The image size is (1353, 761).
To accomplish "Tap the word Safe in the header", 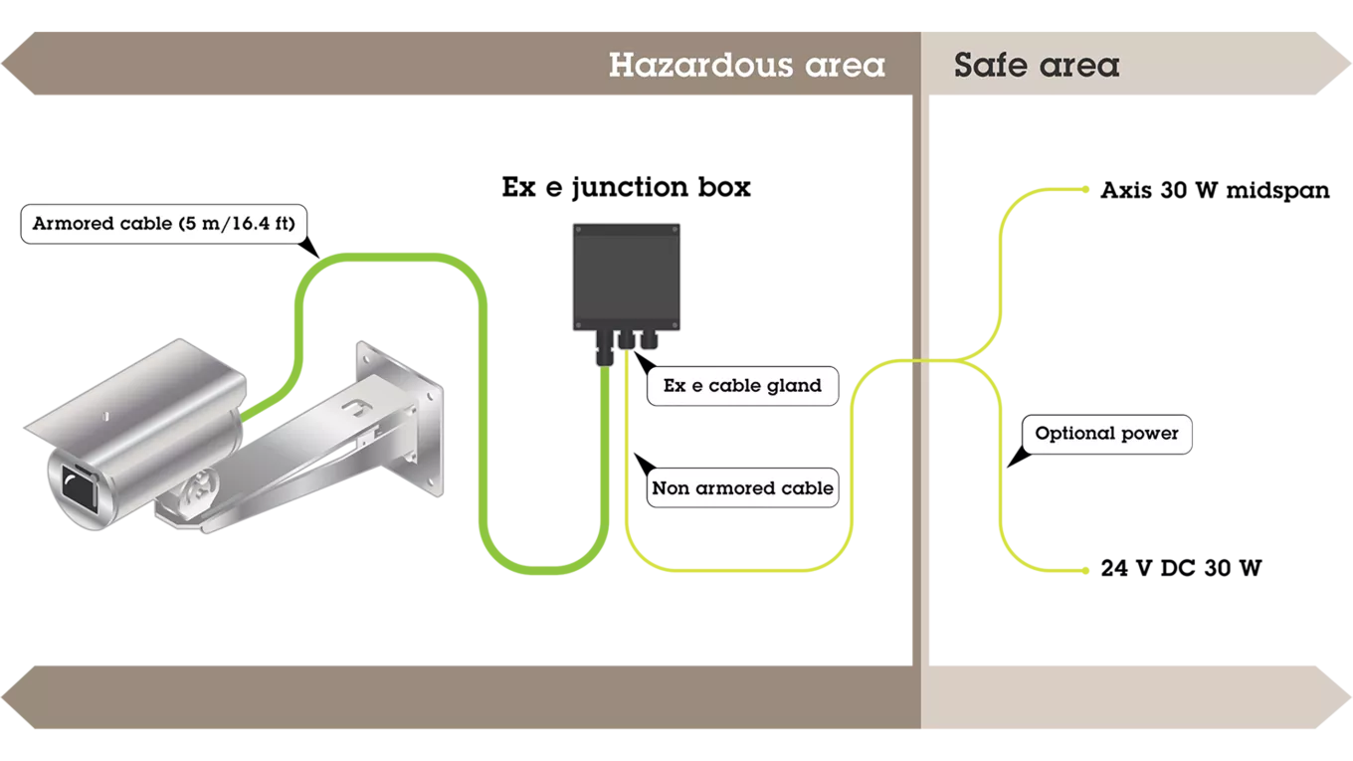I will pos(990,66).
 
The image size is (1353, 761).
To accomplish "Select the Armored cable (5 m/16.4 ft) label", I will pos(163,224).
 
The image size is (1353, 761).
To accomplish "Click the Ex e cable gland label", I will pos(742,386).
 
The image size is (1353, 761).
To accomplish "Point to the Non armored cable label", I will pos(742,489).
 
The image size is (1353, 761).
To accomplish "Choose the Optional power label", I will pos(1106,434).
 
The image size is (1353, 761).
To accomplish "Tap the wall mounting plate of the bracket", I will pos(399,418).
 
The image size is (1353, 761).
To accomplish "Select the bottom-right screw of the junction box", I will pos(677,326).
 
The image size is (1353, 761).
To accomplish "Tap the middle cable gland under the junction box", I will pos(628,343).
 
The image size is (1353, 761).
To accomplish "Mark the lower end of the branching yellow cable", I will pos(1086,573).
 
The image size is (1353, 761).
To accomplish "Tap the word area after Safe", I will pos(1078,66).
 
